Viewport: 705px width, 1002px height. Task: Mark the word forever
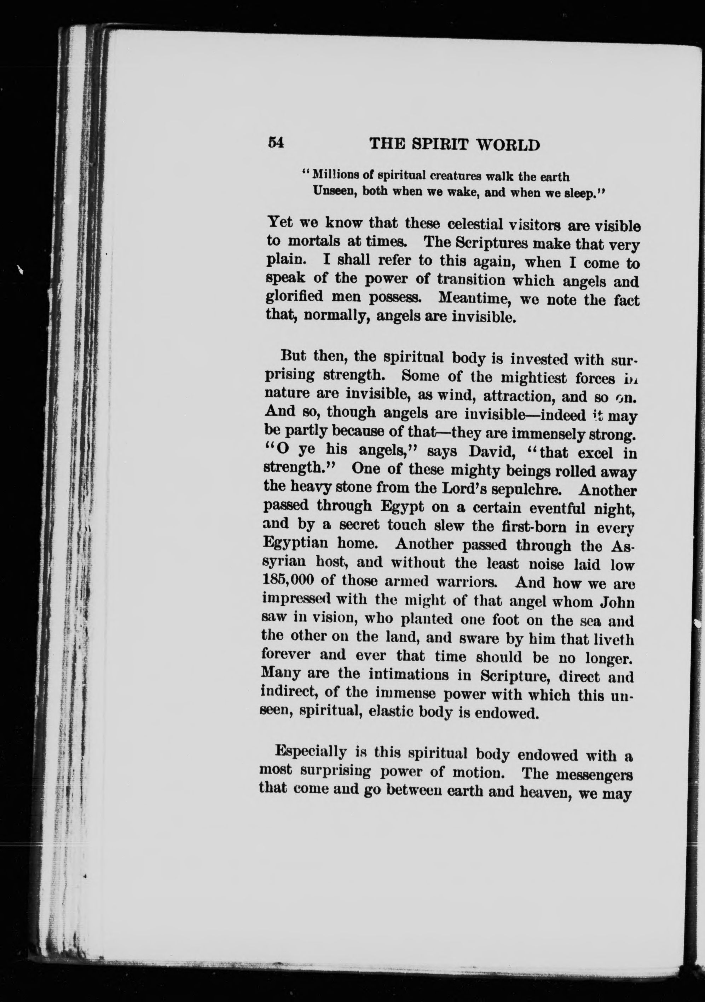click(x=286, y=654)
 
